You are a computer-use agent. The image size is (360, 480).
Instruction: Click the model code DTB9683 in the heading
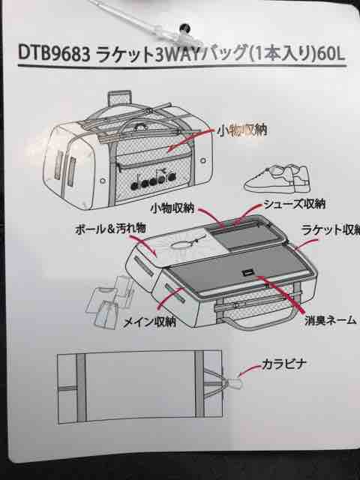[x=54, y=54]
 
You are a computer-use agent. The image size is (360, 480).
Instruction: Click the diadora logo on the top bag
[x=154, y=181]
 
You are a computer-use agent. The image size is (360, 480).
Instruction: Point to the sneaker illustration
[x=277, y=180]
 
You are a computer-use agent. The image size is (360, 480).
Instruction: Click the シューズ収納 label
[x=294, y=203]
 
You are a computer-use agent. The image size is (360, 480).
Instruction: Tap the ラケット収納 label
[x=331, y=229]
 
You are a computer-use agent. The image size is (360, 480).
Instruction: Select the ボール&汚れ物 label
[x=110, y=229]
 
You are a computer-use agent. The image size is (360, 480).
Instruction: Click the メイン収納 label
[x=149, y=322]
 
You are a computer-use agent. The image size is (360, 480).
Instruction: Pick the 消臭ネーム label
[x=330, y=320]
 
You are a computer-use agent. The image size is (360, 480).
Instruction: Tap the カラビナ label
[x=283, y=364]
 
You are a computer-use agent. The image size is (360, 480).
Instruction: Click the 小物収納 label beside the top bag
[x=241, y=130]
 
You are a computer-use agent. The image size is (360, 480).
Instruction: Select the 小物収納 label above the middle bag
[x=172, y=208]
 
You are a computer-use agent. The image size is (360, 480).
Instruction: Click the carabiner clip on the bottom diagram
[x=234, y=383]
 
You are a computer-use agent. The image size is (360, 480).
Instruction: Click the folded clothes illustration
[x=109, y=302]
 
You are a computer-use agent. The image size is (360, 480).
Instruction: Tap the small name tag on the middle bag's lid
[x=247, y=273]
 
